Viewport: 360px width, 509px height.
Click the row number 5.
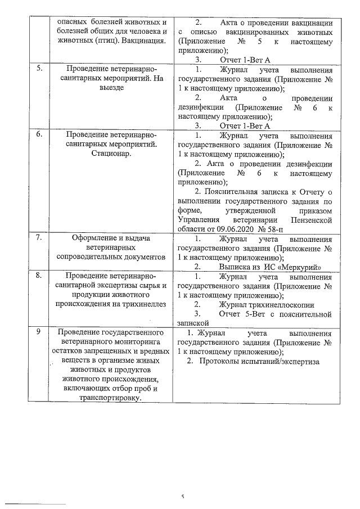coord(39,69)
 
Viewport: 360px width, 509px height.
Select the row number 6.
coord(39,136)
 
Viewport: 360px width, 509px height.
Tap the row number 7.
coord(39,238)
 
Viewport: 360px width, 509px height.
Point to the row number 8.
coord(39,276)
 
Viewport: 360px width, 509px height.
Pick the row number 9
coord(38,332)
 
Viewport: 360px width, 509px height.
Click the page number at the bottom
coord(182,497)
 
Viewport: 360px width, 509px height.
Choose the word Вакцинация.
coord(143,41)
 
